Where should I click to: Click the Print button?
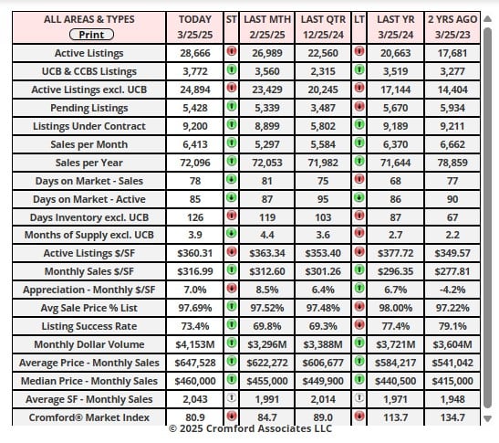click(91, 35)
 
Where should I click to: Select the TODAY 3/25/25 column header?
click(194, 26)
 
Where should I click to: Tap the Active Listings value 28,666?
click(195, 53)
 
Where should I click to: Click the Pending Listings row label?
click(89, 108)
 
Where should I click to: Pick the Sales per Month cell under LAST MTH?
click(267, 144)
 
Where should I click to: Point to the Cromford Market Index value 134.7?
click(452, 417)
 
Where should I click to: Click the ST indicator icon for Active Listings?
click(232, 51)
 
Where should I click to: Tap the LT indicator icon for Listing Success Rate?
click(359, 325)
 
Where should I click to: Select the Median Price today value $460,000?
click(195, 381)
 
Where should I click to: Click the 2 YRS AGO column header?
click(452, 26)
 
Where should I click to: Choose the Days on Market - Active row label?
click(89, 199)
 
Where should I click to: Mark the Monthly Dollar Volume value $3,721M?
click(396, 344)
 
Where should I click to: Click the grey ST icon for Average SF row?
click(232, 397)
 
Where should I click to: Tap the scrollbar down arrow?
click(487, 418)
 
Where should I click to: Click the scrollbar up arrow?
click(487, 19)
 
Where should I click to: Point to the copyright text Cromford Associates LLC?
click(269, 428)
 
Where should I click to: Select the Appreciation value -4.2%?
click(452, 290)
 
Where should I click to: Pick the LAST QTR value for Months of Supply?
click(323, 235)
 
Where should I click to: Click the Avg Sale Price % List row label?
click(89, 308)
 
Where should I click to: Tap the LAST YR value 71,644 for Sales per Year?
click(396, 163)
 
